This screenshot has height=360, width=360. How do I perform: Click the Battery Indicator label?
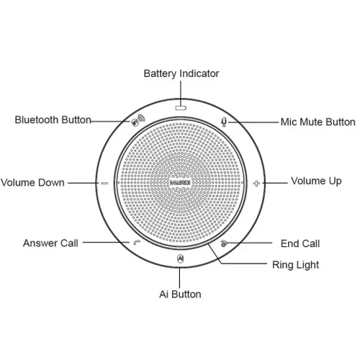pyautogui.click(x=181, y=73)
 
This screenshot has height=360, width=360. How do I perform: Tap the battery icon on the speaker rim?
pyautogui.click(x=181, y=108)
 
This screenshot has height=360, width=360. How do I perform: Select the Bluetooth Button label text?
pyautogui.click(x=53, y=120)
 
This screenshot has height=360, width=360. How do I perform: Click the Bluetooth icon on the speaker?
pyautogui.click(x=138, y=120)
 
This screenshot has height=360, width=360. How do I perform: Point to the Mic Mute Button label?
pyautogui.click(x=318, y=122)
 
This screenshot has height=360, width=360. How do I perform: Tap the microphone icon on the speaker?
pyautogui.click(x=224, y=122)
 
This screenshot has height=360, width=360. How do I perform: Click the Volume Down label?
pyautogui.click(x=32, y=183)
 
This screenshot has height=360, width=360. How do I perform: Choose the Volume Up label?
pyautogui.click(x=316, y=181)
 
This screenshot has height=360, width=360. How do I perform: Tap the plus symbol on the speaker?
pyautogui.click(x=256, y=184)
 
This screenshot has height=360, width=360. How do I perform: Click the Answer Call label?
pyautogui.click(x=50, y=243)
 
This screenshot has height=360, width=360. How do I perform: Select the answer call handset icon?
pyautogui.click(x=137, y=243)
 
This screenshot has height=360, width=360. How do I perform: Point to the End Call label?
pyautogui.click(x=300, y=243)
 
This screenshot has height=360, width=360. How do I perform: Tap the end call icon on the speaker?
pyautogui.click(x=224, y=243)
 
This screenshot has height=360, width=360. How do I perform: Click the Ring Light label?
pyautogui.click(x=295, y=265)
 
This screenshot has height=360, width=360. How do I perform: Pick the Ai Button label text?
pyautogui.click(x=180, y=294)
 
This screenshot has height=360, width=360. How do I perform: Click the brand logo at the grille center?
pyautogui.click(x=180, y=183)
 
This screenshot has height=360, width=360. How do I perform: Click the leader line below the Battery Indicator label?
pyautogui.click(x=181, y=93)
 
